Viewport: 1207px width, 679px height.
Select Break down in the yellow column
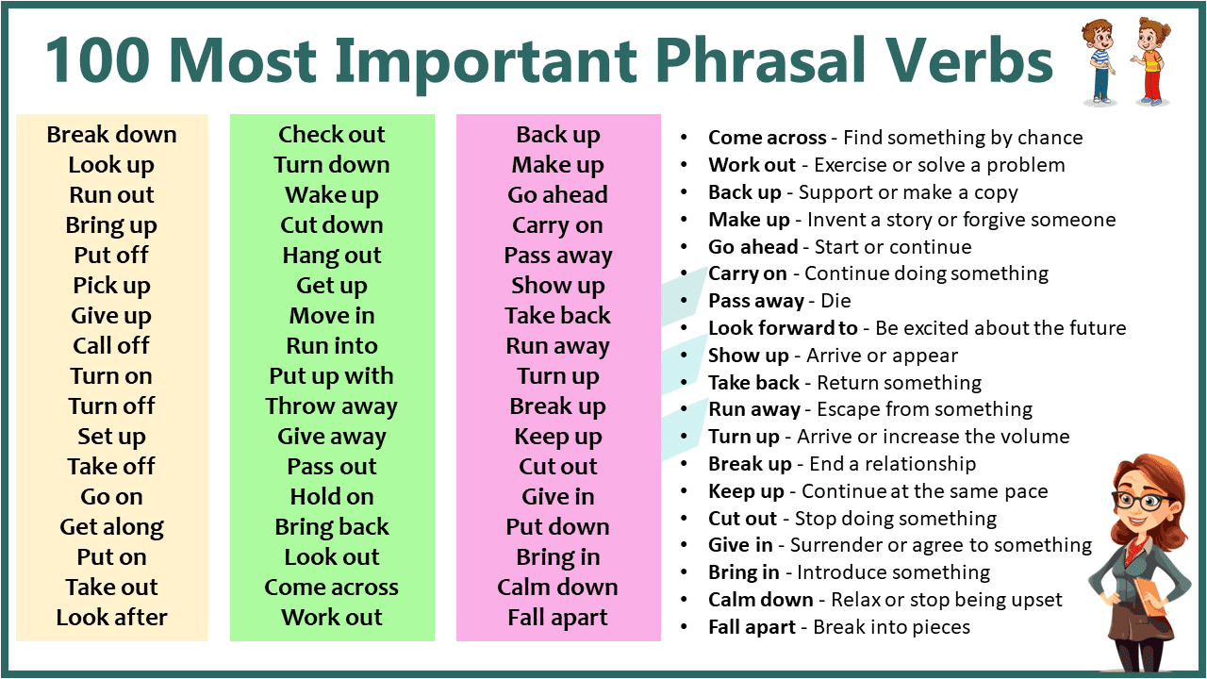coord(111,135)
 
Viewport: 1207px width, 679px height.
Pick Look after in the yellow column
coord(111,618)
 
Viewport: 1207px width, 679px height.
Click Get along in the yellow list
coord(111,527)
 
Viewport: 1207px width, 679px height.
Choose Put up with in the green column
coord(332,376)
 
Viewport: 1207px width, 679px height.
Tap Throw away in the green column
coord(332,406)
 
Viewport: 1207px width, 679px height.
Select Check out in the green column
coord(332,135)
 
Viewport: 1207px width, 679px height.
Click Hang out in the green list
coord(332,256)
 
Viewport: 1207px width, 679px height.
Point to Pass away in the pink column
coord(558,256)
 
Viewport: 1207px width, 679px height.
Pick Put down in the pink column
coord(558,527)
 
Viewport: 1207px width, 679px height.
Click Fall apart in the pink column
coord(558,618)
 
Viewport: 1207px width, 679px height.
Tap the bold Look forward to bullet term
coord(783,328)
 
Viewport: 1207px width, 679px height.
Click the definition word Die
coord(835,301)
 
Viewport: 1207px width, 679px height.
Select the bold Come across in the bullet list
coord(767,138)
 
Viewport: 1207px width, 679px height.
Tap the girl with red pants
coord(1150,61)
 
